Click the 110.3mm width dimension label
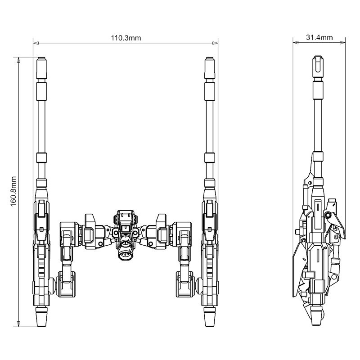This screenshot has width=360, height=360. pyautogui.click(x=126, y=38)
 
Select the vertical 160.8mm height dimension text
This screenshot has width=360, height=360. pyautogui.click(x=13, y=191)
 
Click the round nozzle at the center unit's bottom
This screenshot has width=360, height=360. pyautogui.click(x=125, y=254)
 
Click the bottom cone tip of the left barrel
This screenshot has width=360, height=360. pyautogui.click(x=41, y=320)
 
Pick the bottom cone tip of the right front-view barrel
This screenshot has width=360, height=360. pyautogui.click(x=209, y=320)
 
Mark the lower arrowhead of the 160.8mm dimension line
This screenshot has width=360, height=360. pyautogui.click(x=18, y=324)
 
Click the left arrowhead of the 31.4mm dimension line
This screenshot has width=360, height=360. pyautogui.click(x=295, y=44)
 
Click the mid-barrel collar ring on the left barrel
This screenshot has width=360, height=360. pyautogui.click(x=41, y=158)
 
